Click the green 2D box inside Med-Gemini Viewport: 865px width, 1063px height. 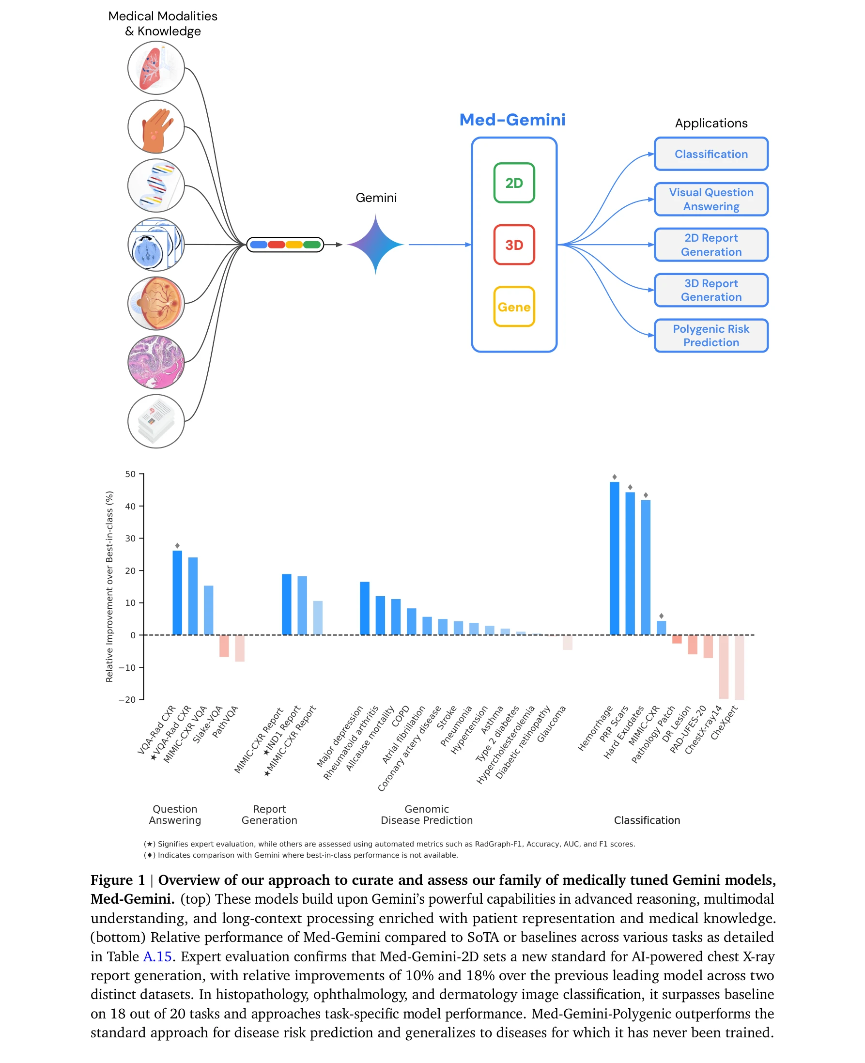coord(514,183)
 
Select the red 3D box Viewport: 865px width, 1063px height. coord(514,245)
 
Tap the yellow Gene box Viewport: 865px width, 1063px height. coord(514,307)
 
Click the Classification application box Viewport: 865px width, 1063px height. coord(711,154)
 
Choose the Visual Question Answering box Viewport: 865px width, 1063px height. coord(711,199)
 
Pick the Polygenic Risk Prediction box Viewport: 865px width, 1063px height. coord(711,335)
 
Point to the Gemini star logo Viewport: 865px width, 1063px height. coord(376,244)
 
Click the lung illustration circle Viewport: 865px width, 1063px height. coord(156,68)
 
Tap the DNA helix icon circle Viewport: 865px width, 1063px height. coord(156,185)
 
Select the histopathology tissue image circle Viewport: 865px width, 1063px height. coord(156,362)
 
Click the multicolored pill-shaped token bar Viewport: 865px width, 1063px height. coord(285,245)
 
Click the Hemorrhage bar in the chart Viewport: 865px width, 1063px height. coord(615,558)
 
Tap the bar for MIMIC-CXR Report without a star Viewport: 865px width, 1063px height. coord(287,604)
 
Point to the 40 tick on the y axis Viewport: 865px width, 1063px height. coord(131,506)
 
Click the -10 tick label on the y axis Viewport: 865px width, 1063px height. coord(127,667)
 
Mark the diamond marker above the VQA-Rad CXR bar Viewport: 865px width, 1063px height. coord(177,545)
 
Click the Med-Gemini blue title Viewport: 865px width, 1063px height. coord(512,120)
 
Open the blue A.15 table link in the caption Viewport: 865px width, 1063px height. coord(157,956)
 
